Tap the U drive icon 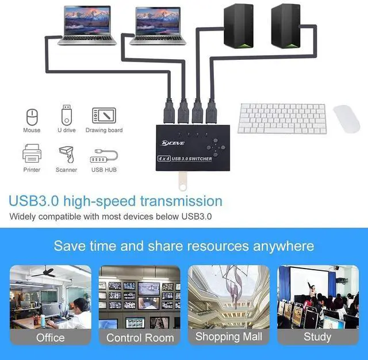(x=67, y=114)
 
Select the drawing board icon (x=104, y=115)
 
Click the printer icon (x=32, y=155)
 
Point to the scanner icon (x=66, y=155)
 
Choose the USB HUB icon (x=104, y=156)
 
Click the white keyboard (x=282, y=118)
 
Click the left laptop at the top (x=87, y=26)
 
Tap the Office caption (x=51, y=338)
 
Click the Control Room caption (x=140, y=338)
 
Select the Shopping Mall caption (x=228, y=336)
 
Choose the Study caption (x=318, y=338)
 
